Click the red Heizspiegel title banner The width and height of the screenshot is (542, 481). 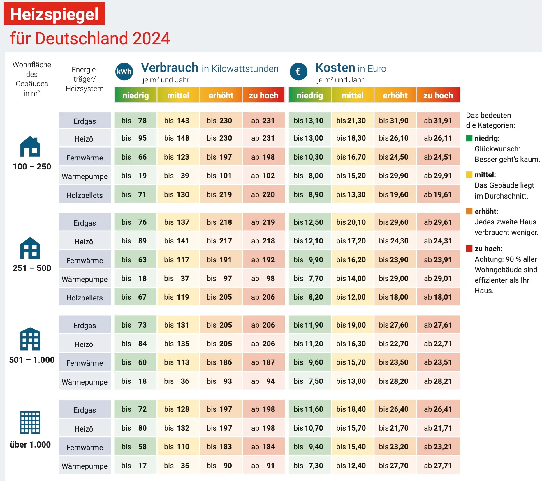point(54,14)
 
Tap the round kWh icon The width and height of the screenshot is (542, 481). point(124,72)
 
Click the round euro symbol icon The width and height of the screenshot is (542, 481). point(298,72)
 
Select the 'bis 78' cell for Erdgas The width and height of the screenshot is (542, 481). point(135,120)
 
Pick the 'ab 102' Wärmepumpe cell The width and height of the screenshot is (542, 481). point(263,176)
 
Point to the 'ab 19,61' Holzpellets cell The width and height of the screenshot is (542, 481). point(438,194)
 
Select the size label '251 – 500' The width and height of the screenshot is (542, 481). point(32,268)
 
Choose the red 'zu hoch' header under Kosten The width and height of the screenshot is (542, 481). point(438,95)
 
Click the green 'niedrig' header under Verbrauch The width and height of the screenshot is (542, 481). point(135,95)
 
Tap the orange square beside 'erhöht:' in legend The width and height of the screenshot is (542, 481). point(469,211)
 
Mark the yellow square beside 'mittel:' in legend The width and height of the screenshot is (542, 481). point(469,175)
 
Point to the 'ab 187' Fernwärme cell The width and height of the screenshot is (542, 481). point(263,362)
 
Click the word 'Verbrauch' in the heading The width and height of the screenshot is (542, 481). point(170,68)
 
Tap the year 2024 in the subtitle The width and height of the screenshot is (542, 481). point(151,38)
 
